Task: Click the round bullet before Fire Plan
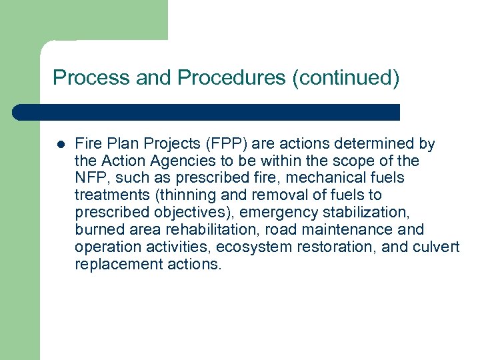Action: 60,143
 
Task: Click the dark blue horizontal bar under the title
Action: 207,112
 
